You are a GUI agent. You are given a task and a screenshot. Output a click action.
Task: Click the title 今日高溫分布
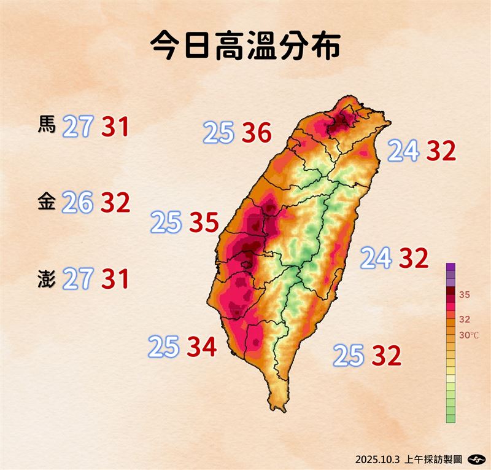pyautogui.click(x=245, y=47)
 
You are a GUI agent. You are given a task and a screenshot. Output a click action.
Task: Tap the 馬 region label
pyautogui.click(x=47, y=126)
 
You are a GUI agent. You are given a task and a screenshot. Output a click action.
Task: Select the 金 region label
pyautogui.click(x=47, y=202)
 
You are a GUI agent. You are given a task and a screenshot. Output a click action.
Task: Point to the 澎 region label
pyautogui.click(x=47, y=280)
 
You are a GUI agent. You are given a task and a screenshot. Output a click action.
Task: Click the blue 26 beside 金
pyautogui.click(x=77, y=203)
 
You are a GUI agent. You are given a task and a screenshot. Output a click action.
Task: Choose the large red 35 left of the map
pyautogui.click(x=203, y=223)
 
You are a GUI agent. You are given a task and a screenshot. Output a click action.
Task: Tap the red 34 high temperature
pyautogui.click(x=201, y=348)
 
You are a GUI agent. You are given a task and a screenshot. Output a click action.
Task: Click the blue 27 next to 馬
pyautogui.click(x=78, y=127)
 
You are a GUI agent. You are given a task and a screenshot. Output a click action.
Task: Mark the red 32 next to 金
pyautogui.click(x=115, y=203)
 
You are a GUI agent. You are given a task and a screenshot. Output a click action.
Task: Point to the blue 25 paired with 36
pyautogui.click(x=219, y=133)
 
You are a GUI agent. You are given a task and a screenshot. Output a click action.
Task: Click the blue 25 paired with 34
pyautogui.click(x=164, y=348)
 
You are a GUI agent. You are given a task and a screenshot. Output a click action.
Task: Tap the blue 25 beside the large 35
pyautogui.click(x=166, y=223)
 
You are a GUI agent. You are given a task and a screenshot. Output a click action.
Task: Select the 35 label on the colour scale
pyautogui.click(x=465, y=295)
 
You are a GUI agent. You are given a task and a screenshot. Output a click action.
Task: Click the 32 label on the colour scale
pyautogui.click(x=465, y=319)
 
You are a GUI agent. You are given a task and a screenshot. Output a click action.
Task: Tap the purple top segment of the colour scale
pyautogui.click(x=451, y=267)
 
